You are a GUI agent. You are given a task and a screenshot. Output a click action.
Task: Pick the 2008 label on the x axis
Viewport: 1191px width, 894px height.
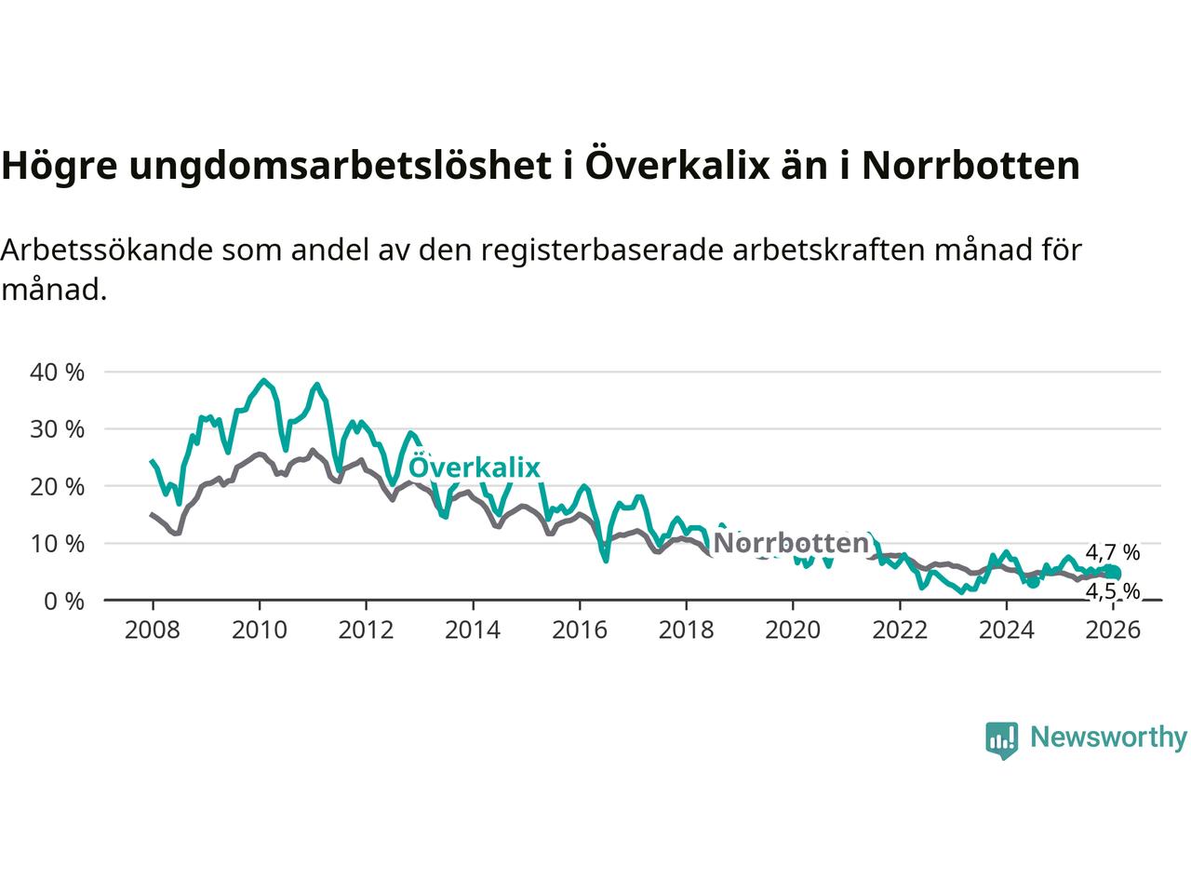coord(153,630)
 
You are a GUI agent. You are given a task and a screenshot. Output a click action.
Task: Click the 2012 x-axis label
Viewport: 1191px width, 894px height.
coord(366,630)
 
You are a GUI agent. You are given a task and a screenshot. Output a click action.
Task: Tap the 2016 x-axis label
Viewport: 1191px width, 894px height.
coord(580,630)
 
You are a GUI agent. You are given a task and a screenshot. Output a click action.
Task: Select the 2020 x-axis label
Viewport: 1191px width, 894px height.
coord(793,630)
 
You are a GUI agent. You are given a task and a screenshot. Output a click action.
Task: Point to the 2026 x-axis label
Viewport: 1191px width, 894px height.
coord(1114,630)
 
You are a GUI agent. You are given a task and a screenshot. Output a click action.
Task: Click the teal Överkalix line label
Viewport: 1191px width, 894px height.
coord(475,467)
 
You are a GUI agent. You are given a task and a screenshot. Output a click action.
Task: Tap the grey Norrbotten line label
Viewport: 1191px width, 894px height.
coord(790,543)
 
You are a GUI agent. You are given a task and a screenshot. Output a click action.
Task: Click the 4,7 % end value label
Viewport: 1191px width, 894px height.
coord(1112,552)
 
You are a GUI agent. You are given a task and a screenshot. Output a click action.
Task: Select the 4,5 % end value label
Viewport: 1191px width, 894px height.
coord(1112,591)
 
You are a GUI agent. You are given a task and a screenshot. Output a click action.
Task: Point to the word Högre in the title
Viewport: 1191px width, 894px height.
coord(59,166)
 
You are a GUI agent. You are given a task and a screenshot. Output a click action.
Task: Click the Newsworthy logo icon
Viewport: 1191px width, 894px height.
coord(1001,740)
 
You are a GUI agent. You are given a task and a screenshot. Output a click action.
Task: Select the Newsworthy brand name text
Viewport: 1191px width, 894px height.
coord(1108,738)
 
